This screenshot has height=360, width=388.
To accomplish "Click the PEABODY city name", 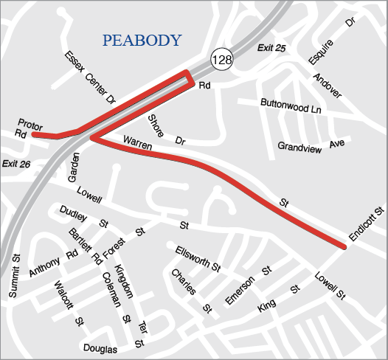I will pos(142,41).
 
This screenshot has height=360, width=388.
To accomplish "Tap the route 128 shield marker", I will pos(221,60).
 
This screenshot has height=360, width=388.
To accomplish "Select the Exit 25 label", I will pos(271,49).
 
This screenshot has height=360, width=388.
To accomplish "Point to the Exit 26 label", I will pos(15,163).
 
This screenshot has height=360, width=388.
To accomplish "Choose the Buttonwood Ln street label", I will pos(291,106).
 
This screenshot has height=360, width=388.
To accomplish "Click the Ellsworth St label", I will pos(198,259).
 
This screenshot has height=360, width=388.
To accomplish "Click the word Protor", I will pos(30,123).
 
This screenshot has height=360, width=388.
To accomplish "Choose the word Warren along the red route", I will pos(137,139).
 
